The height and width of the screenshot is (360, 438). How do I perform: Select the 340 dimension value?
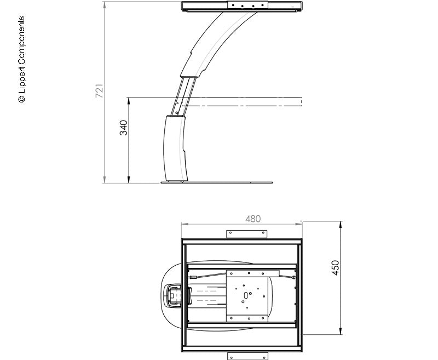[124, 128]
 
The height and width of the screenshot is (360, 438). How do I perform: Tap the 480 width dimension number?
[252, 219]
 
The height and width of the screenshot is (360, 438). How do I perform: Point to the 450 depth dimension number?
[336, 267]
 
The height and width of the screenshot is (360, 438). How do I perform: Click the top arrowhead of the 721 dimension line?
[104, 4]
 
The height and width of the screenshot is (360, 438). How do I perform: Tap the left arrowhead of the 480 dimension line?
[183, 224]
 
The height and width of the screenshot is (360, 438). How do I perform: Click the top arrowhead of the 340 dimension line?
[129, 100]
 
